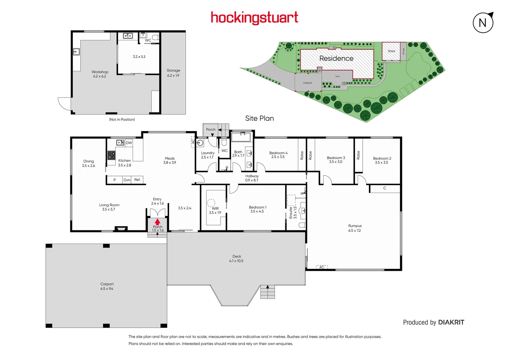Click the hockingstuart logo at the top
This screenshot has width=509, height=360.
[x=254, y=18]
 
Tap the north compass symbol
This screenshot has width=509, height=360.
[x=483, y=23]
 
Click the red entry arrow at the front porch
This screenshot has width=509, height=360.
[x=157, y=222]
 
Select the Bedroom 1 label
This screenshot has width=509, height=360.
[x=257, y=209]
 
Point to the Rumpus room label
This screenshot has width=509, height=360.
[x=355, y=228]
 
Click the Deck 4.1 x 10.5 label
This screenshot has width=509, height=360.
[x=236, y=259]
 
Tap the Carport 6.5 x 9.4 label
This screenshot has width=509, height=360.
[x=107, y=286]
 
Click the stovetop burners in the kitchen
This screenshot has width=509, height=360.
[x=111, y=155]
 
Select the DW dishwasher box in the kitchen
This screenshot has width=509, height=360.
[x=129, y=143]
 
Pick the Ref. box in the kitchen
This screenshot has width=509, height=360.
[x=137, y=180]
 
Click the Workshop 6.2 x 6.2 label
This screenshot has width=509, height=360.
[x=100, y=74]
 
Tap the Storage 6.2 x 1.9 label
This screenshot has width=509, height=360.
[x=173, y=73]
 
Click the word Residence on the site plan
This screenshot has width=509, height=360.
[x=336, y=58]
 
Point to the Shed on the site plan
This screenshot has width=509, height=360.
[x=391, y=51]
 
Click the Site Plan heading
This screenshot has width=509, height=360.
[x=259, y=118]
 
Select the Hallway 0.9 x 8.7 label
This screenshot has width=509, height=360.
[x=252, y=178]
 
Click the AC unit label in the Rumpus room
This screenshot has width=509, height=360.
[x=322, y=267]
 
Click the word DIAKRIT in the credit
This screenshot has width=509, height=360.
[x=451, y=322]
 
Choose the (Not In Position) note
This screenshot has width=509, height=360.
[x=122, y=119]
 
